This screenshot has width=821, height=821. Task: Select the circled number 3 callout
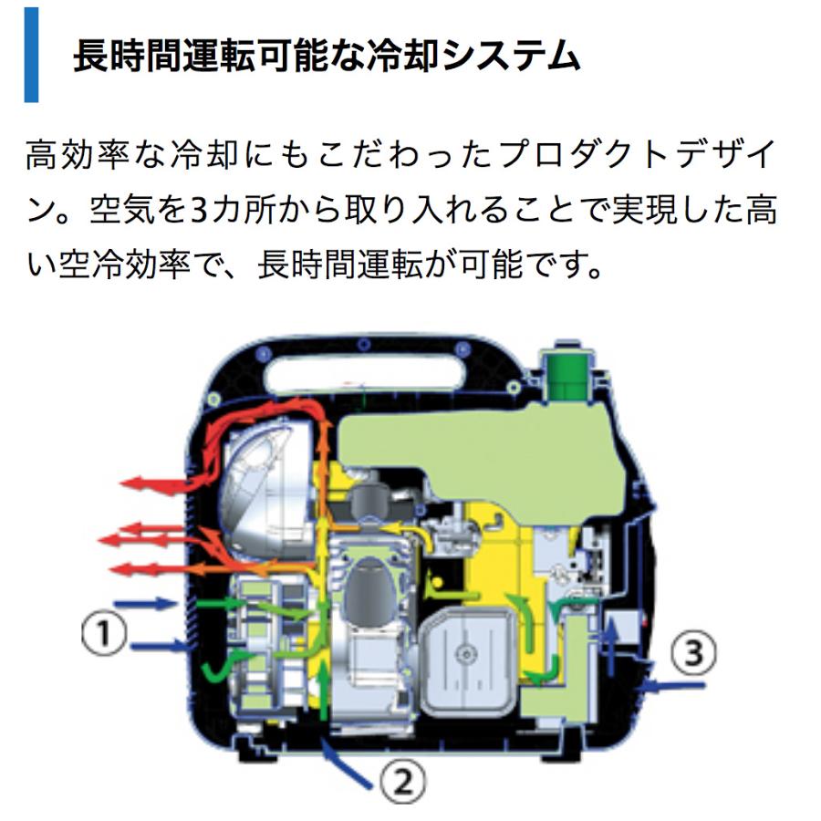[691, 652]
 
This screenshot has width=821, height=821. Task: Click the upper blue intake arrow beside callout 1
[151, 603]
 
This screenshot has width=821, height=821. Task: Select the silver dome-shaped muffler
[265, 483]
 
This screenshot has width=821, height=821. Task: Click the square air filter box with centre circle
[466, 652]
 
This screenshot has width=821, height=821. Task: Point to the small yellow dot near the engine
[438, 581]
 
